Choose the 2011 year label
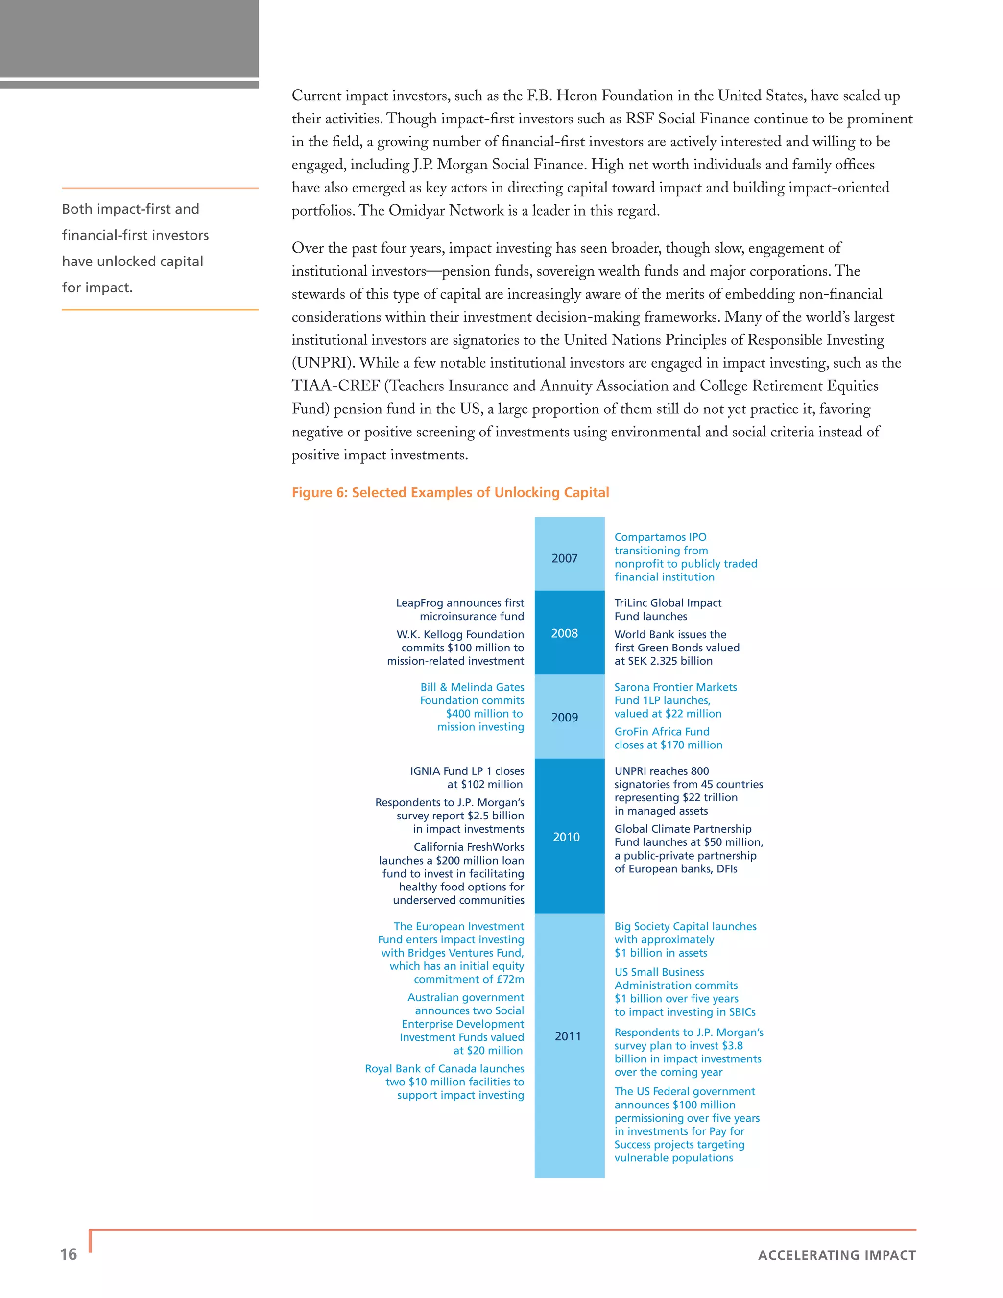(568, 1036)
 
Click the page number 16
(69, 1254)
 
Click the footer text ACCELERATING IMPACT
(836, 1255)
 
